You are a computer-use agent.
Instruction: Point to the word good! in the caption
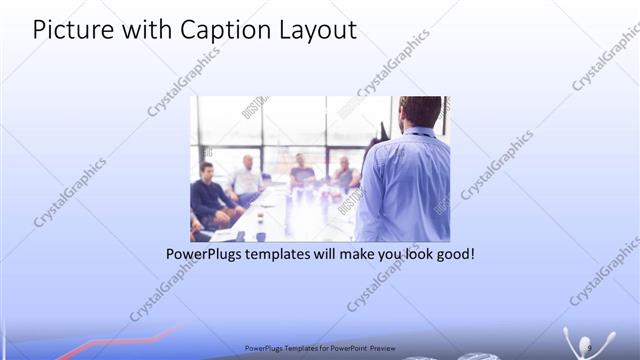point(453,255)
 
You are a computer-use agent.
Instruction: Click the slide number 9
point(591,347)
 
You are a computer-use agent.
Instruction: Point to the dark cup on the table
point(260,235)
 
